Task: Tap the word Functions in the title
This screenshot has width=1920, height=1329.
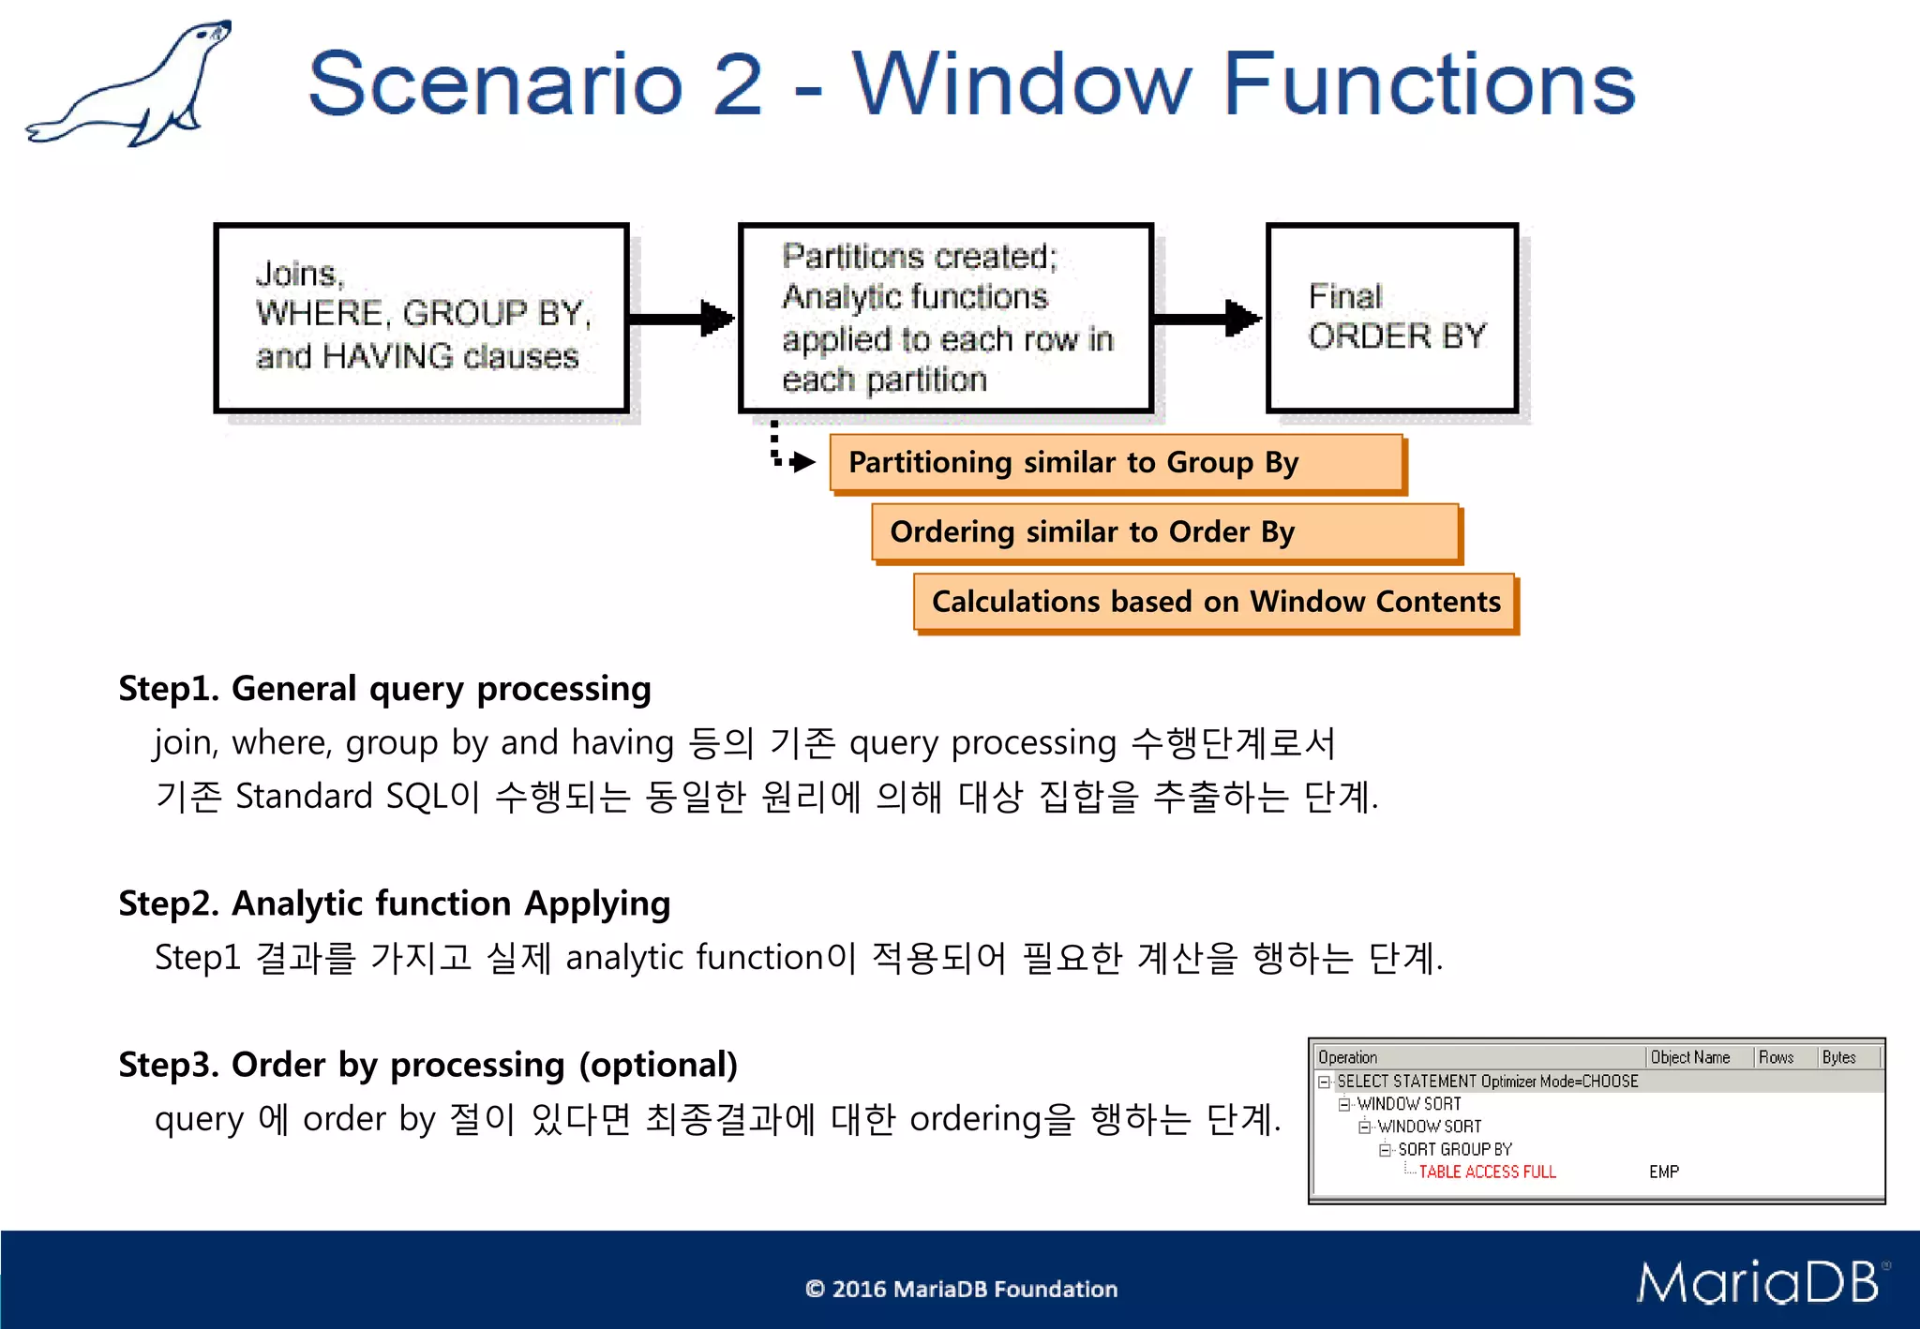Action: (1429, 84)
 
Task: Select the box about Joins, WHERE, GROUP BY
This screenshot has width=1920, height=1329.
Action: (421, 317)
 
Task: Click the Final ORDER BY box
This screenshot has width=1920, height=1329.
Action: (1392, 317)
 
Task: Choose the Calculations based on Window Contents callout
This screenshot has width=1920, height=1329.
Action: (1215, 602)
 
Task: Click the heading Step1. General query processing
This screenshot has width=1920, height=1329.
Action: (384, 689)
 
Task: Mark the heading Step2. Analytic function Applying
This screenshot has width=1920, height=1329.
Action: (394, 903)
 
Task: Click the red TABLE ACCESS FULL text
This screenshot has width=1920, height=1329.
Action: (1487, 1172)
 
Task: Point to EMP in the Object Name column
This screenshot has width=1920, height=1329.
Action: (1664, 1172)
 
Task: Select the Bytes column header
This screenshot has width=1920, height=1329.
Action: (1838, 1057)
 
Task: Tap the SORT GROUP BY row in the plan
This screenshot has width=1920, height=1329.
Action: (1455, 1149)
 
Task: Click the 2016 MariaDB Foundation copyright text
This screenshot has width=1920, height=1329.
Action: (962, 1289)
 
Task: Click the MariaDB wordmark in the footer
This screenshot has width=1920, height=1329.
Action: (1759, 1283)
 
